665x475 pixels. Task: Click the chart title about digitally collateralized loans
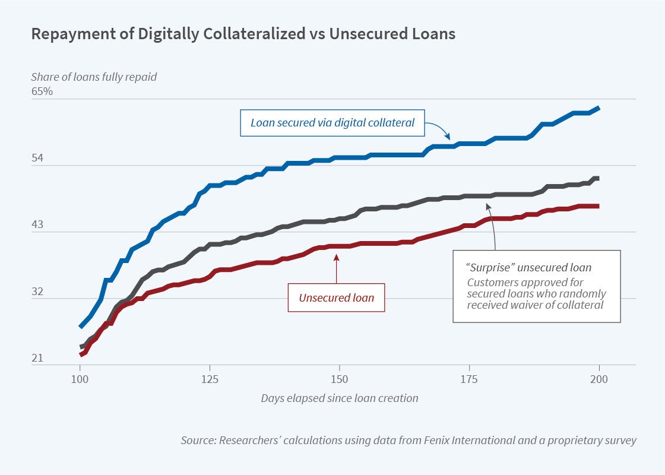pos(243,34)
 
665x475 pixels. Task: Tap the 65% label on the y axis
pos(42,91)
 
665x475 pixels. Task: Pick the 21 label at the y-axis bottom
pos(37,359)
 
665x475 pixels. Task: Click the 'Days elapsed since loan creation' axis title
pos(339,398)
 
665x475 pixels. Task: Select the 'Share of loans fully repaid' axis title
pos(94,76)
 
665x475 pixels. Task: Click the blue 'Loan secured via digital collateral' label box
pos(332,123)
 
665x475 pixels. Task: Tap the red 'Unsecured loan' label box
pos(337,297)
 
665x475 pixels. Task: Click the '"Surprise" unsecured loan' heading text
pos(529,268)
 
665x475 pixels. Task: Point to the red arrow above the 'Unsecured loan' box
pos(337,267)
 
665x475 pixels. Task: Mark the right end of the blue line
pos(598,108)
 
